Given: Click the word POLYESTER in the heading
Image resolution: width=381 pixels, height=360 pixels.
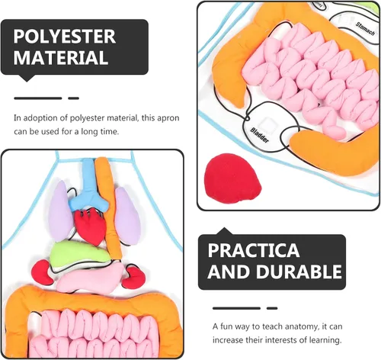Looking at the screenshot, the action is (65, 37).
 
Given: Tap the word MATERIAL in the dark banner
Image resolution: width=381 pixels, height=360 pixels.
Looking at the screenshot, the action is (61, 57).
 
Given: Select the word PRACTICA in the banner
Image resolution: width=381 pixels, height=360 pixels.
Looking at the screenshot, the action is (254, 250).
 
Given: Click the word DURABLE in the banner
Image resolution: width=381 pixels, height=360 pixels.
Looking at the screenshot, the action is (299, 272).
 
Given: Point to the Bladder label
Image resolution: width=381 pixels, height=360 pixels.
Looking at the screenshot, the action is (259, 135).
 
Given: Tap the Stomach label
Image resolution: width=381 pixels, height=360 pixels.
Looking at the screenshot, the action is (365, 28).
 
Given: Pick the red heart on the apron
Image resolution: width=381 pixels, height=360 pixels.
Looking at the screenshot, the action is (90, 227).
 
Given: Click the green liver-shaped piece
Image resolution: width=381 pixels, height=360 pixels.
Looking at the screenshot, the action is (79, 253).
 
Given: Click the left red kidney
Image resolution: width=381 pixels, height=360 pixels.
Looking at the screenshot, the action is (41, 272).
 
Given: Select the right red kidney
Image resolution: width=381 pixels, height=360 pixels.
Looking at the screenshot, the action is (133, 278).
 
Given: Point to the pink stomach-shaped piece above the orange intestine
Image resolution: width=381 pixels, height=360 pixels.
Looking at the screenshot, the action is (89, 278).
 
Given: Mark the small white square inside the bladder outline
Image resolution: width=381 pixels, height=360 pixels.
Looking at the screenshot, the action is (267, 125).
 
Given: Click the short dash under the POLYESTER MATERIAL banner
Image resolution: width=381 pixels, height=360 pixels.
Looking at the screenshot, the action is (74, 98).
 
